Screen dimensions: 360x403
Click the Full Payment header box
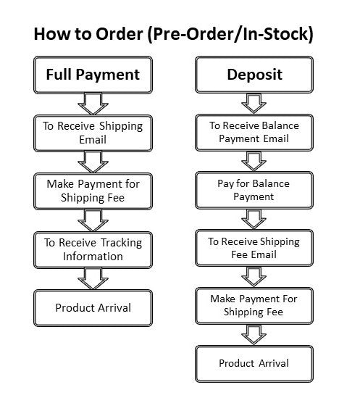93,75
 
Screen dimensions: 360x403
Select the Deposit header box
254,75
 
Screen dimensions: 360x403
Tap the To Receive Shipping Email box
93,133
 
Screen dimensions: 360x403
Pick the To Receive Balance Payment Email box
254,133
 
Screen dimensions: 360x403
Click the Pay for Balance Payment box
254,190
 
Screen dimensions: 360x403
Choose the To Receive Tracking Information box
93,250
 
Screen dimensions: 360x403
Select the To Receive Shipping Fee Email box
254,248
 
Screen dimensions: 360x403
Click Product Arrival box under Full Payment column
93,308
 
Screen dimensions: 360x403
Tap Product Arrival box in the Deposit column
254,364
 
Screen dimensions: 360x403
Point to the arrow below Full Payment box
93,104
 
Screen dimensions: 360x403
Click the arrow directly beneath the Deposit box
254,104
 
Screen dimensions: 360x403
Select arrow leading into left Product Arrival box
93,278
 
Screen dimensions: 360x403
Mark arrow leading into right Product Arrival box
254,335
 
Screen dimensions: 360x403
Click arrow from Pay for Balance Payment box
254,219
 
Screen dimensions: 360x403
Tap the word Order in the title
119,34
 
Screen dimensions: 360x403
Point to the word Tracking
121,243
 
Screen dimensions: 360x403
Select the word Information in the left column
93,257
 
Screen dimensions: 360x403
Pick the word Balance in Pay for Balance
271,183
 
